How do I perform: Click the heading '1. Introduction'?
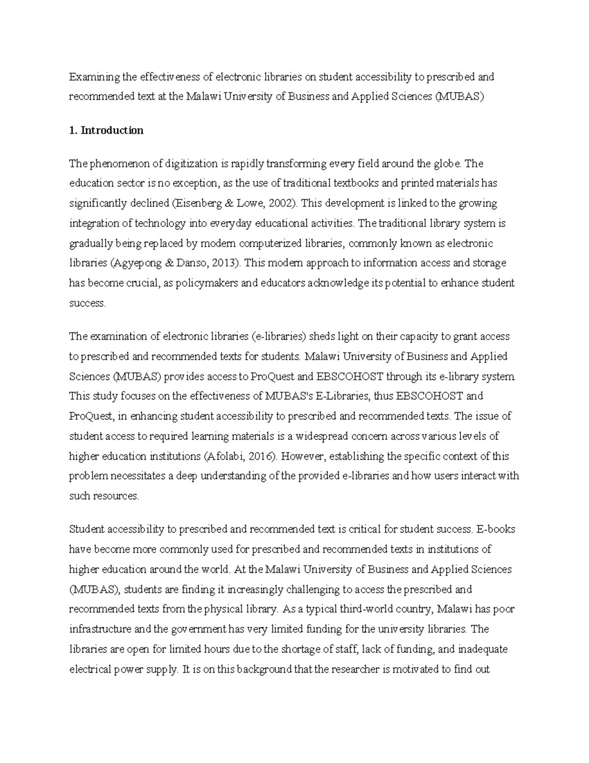(106, 130)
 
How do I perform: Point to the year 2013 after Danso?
(225, 263)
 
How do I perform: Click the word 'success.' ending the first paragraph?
(87, 303)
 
